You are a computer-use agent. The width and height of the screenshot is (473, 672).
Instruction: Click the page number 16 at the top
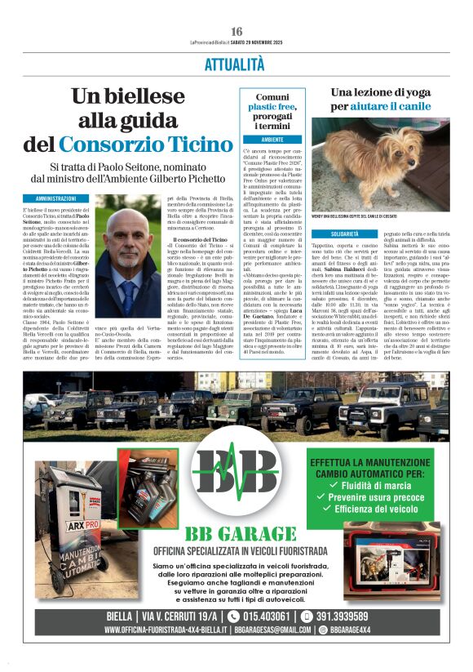tap(236, 31)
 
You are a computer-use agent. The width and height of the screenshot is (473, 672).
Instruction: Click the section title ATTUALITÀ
tap(236, 64)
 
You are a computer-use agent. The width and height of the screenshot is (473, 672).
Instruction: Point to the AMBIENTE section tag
tap(272, 140)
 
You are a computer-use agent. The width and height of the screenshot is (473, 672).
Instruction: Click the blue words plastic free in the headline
tap(272, 106)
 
